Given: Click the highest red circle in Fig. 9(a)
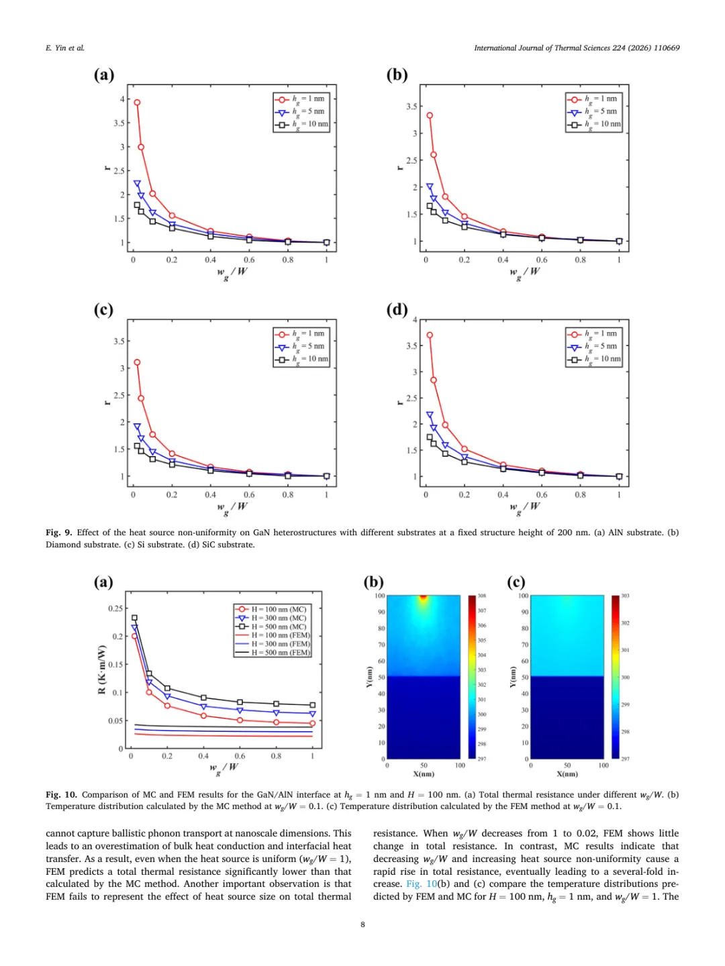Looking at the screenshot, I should click(137, 103).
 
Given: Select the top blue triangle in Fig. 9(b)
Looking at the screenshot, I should click(430, 186).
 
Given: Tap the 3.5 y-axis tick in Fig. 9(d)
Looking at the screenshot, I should click(412, 345).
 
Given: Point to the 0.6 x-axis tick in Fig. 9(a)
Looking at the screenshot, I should click(249, 260).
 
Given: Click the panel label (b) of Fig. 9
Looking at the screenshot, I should click(397, 74).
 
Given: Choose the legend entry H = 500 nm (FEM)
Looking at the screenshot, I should click(273, 652).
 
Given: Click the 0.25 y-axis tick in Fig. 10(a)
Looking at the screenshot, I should click(115, 608).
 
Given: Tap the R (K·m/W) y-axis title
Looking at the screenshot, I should click(102, 670).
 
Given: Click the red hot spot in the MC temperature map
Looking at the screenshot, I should click(423, 597).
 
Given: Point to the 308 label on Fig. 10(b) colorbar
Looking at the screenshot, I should click(482, 596).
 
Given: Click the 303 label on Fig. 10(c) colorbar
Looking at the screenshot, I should click(625, 596).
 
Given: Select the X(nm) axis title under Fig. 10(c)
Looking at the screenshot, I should click(567, 774).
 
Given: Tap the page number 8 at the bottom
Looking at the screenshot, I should click(362, 924).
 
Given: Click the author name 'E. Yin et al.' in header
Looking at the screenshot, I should click(65, 48).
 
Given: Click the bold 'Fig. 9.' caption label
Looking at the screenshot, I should click(60, 533).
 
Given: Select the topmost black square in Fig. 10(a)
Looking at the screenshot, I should click(134, 618).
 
